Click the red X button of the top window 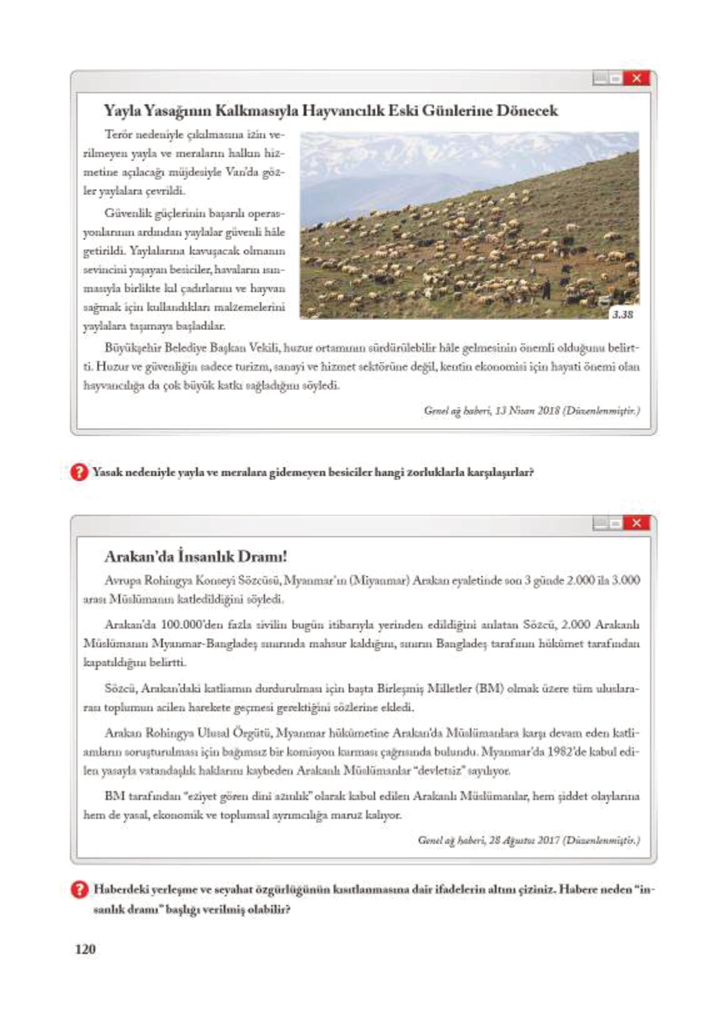(x=636, y=78)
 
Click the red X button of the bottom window (x=636, y=522)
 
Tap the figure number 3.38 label (x=623, y=314)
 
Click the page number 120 (x=85, y=949)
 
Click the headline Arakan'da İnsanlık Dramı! (x=196, y=556)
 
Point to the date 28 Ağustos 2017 (x=524, y=841)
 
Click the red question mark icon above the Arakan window (x=79, y=472)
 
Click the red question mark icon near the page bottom (x=79, y=889)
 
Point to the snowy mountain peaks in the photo (x=438, y=147)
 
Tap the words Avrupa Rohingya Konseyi (x=160, y=581)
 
